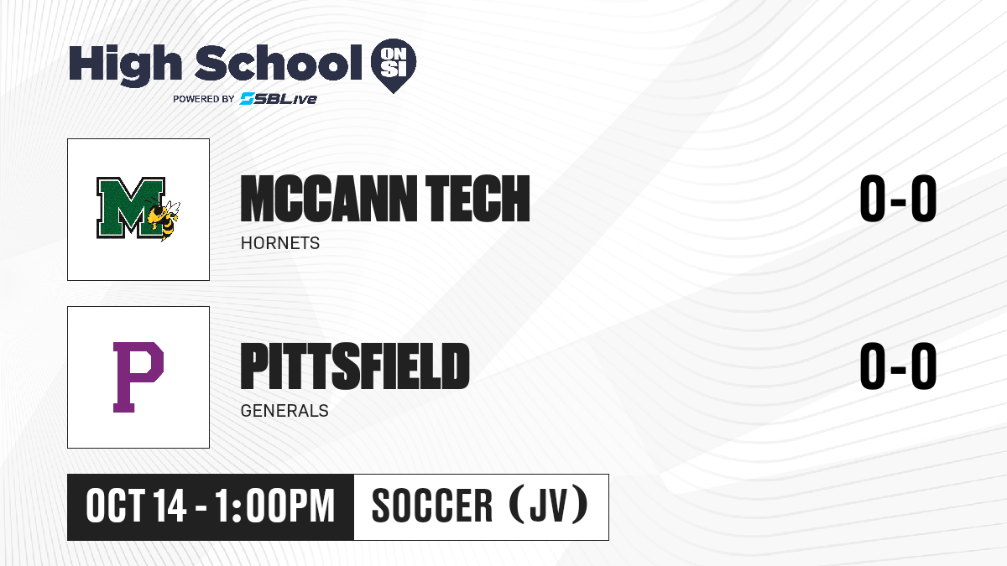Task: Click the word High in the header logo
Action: pyautogui.click(x=125, y=65)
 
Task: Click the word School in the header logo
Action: pyautogui.click(x=279, y=62)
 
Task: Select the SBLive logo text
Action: pyautogui.click(x=279, y=98)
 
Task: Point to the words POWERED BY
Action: pyautogui.click(x=204, y=99)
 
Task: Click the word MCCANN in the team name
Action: pyautogui.click(x=329, y=199)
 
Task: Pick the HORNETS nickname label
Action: pyautogui.click(x=280, y=243)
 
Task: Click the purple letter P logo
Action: pyautogui.click(x=138, y=376)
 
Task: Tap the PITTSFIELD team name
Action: pyautogui.click(x=355, y=366)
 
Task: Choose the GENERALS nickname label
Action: pyautogui.click(x=284, y=411)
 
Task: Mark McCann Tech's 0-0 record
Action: pyautogui.click(x=898, y=199)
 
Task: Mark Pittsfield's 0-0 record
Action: pyautogui.click(x=898, y=366)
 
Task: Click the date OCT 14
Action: pyautogui.click(x=136, y=506)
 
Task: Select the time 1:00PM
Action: pyautogui.click(x=274, y=506)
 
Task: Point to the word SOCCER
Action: pyautogui.click(x=432, y=506)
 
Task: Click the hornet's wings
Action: pyautogui.click(x=172, y=209)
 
